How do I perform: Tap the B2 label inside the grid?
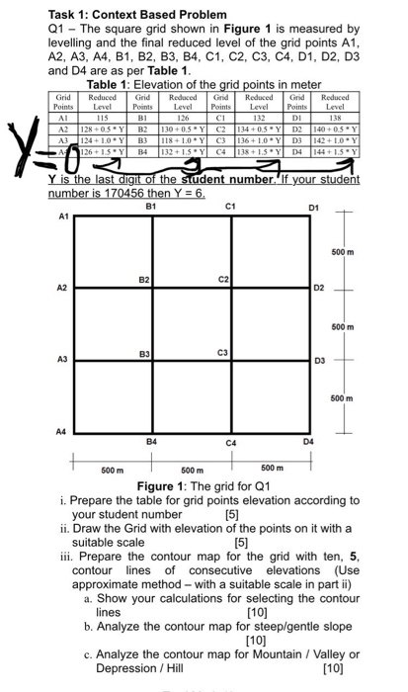pyautogui.click(x=144, y=281)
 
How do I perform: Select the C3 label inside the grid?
pyautogui.click(x=222, y=352)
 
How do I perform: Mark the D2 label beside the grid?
pyautogui.click(x=318, y=289)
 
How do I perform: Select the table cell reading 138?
pyautogui.click(x=336, y=120)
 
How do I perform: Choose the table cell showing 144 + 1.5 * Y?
pyautogui.click(x=336, y=153)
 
